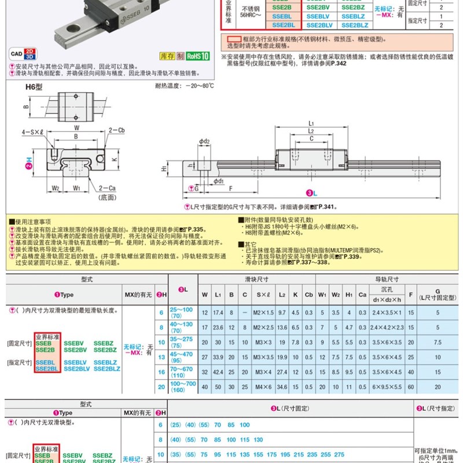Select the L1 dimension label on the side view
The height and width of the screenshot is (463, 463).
[311, 123]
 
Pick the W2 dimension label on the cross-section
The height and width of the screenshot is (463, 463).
[56, 188]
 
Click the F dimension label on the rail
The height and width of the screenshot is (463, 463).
[231, 188]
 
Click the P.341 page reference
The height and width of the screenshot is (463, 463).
[328, 206]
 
